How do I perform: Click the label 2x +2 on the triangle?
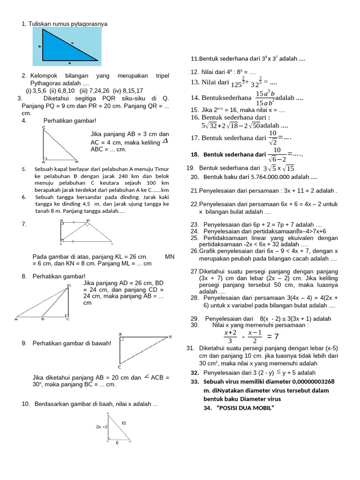102,427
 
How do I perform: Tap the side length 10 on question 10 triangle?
123,423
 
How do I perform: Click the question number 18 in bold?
195,155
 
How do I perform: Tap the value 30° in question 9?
39,384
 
